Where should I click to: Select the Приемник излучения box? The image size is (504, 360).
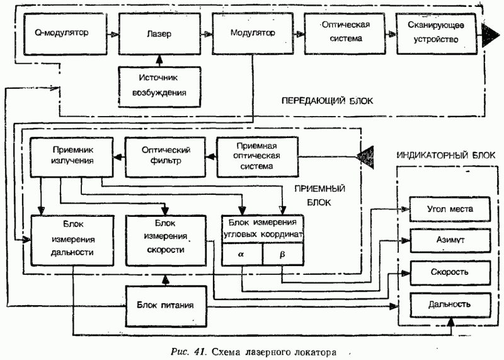coord(71,155)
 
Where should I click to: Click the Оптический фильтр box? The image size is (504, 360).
coord(166,156)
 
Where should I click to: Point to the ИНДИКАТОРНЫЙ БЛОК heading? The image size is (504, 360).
coord(445,154)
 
